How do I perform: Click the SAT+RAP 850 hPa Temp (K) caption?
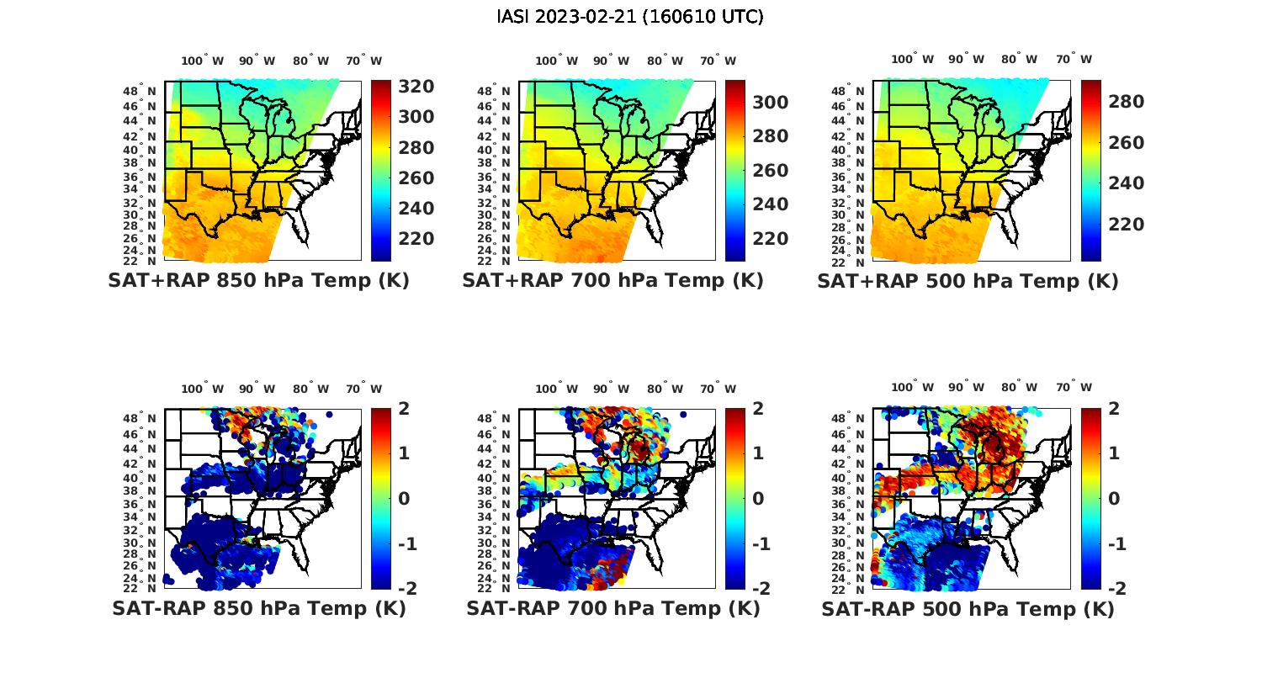coord(258,281)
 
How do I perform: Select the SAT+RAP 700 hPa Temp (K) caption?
coord(612,281)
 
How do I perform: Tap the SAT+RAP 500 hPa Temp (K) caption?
coord(968,281)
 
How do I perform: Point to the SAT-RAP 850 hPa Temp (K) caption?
coord(258,608)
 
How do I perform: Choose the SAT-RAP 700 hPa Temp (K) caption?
coord(612,608)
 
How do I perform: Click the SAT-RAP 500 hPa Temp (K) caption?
coord(968,608)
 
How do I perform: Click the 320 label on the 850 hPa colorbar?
coord(416,87)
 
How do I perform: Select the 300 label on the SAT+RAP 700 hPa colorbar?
coord(770,103)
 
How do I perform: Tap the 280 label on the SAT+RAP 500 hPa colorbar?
coord(1126,102)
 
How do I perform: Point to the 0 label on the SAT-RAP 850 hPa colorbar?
coord(404,499)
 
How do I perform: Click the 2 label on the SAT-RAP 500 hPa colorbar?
coord(1114,409)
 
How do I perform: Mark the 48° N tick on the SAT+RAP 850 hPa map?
coord(140,91)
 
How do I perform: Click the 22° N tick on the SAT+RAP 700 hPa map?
coord(494,261)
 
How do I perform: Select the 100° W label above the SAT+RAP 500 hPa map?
coord(912,60)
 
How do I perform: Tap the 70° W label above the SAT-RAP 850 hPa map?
coord(363,389)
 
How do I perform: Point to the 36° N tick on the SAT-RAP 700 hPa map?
coord(494,504)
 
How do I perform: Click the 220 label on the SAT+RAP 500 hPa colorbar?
coord(1126,225)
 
